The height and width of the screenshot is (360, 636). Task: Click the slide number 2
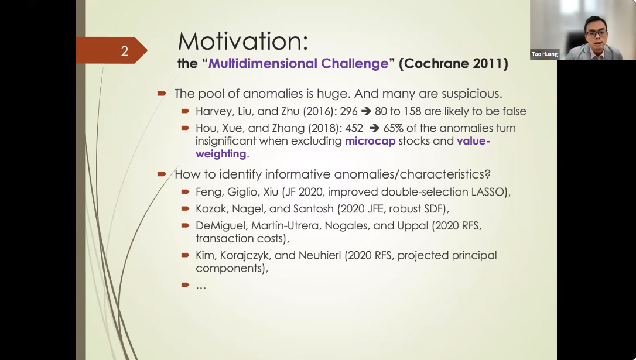point(125,51)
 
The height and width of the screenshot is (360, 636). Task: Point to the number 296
point(349,111)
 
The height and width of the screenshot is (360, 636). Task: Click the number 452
point(354,128)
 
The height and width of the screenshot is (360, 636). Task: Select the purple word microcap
point(370,141)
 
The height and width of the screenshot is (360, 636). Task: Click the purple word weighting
point(221,154)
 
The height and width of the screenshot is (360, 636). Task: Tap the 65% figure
point(394,128)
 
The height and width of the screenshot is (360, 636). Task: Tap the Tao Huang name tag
point(544,54)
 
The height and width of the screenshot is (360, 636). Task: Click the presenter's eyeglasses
point(596,33)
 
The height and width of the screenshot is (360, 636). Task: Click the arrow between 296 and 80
point(366,111)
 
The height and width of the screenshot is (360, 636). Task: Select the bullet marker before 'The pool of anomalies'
point(162,94)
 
